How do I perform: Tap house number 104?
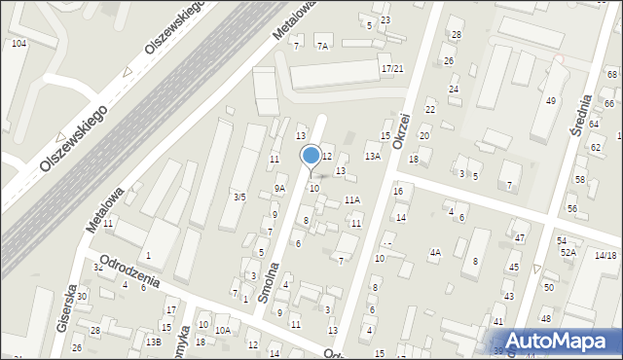[x=18, y=45]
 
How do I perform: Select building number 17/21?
[x=392, y=68]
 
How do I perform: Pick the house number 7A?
[x=323, y=45]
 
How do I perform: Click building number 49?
[x=550, y=101]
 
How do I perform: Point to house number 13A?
[x=372, y=156]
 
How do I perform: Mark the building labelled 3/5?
[x=238, y=197]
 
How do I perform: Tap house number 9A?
[x=279, y=189]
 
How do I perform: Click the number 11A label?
[x=351, y=199]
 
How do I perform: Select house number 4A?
[x=435, y=253]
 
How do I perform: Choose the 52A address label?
[x=568, y=252]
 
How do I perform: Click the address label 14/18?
[x=605, y=255]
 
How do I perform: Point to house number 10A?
[x=223, y=331]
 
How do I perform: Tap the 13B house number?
[x=154, y=342]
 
